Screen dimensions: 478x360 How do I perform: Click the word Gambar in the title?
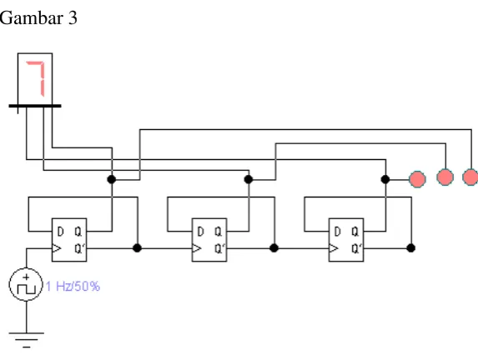[31, 18]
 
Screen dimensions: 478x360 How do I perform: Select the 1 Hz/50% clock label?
[73, 287]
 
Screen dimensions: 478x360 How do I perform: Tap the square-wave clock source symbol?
[26, 284]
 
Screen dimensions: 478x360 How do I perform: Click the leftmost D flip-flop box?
[69, 240]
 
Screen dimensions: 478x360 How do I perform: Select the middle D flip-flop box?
[209, 240]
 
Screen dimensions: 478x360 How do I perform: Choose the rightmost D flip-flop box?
[346, 240]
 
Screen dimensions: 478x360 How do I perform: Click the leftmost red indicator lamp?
[417, 179]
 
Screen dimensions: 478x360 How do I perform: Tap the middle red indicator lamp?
[445, 177]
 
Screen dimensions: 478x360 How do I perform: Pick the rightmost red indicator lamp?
[470, 177]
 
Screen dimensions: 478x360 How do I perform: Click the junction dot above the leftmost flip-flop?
[112, 179]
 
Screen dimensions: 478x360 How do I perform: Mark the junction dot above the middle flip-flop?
[249, 179]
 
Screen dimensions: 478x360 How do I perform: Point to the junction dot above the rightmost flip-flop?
[385, 179]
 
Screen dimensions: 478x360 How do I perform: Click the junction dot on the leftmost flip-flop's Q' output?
[138, 248]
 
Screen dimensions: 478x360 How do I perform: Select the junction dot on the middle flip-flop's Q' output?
[274, 248]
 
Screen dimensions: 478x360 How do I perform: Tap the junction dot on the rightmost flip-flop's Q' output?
[411, 248]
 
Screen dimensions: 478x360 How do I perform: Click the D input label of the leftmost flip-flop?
[60, 232]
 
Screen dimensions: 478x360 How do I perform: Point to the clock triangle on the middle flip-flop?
[197, 248]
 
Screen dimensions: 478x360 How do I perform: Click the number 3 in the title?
[73, 18]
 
